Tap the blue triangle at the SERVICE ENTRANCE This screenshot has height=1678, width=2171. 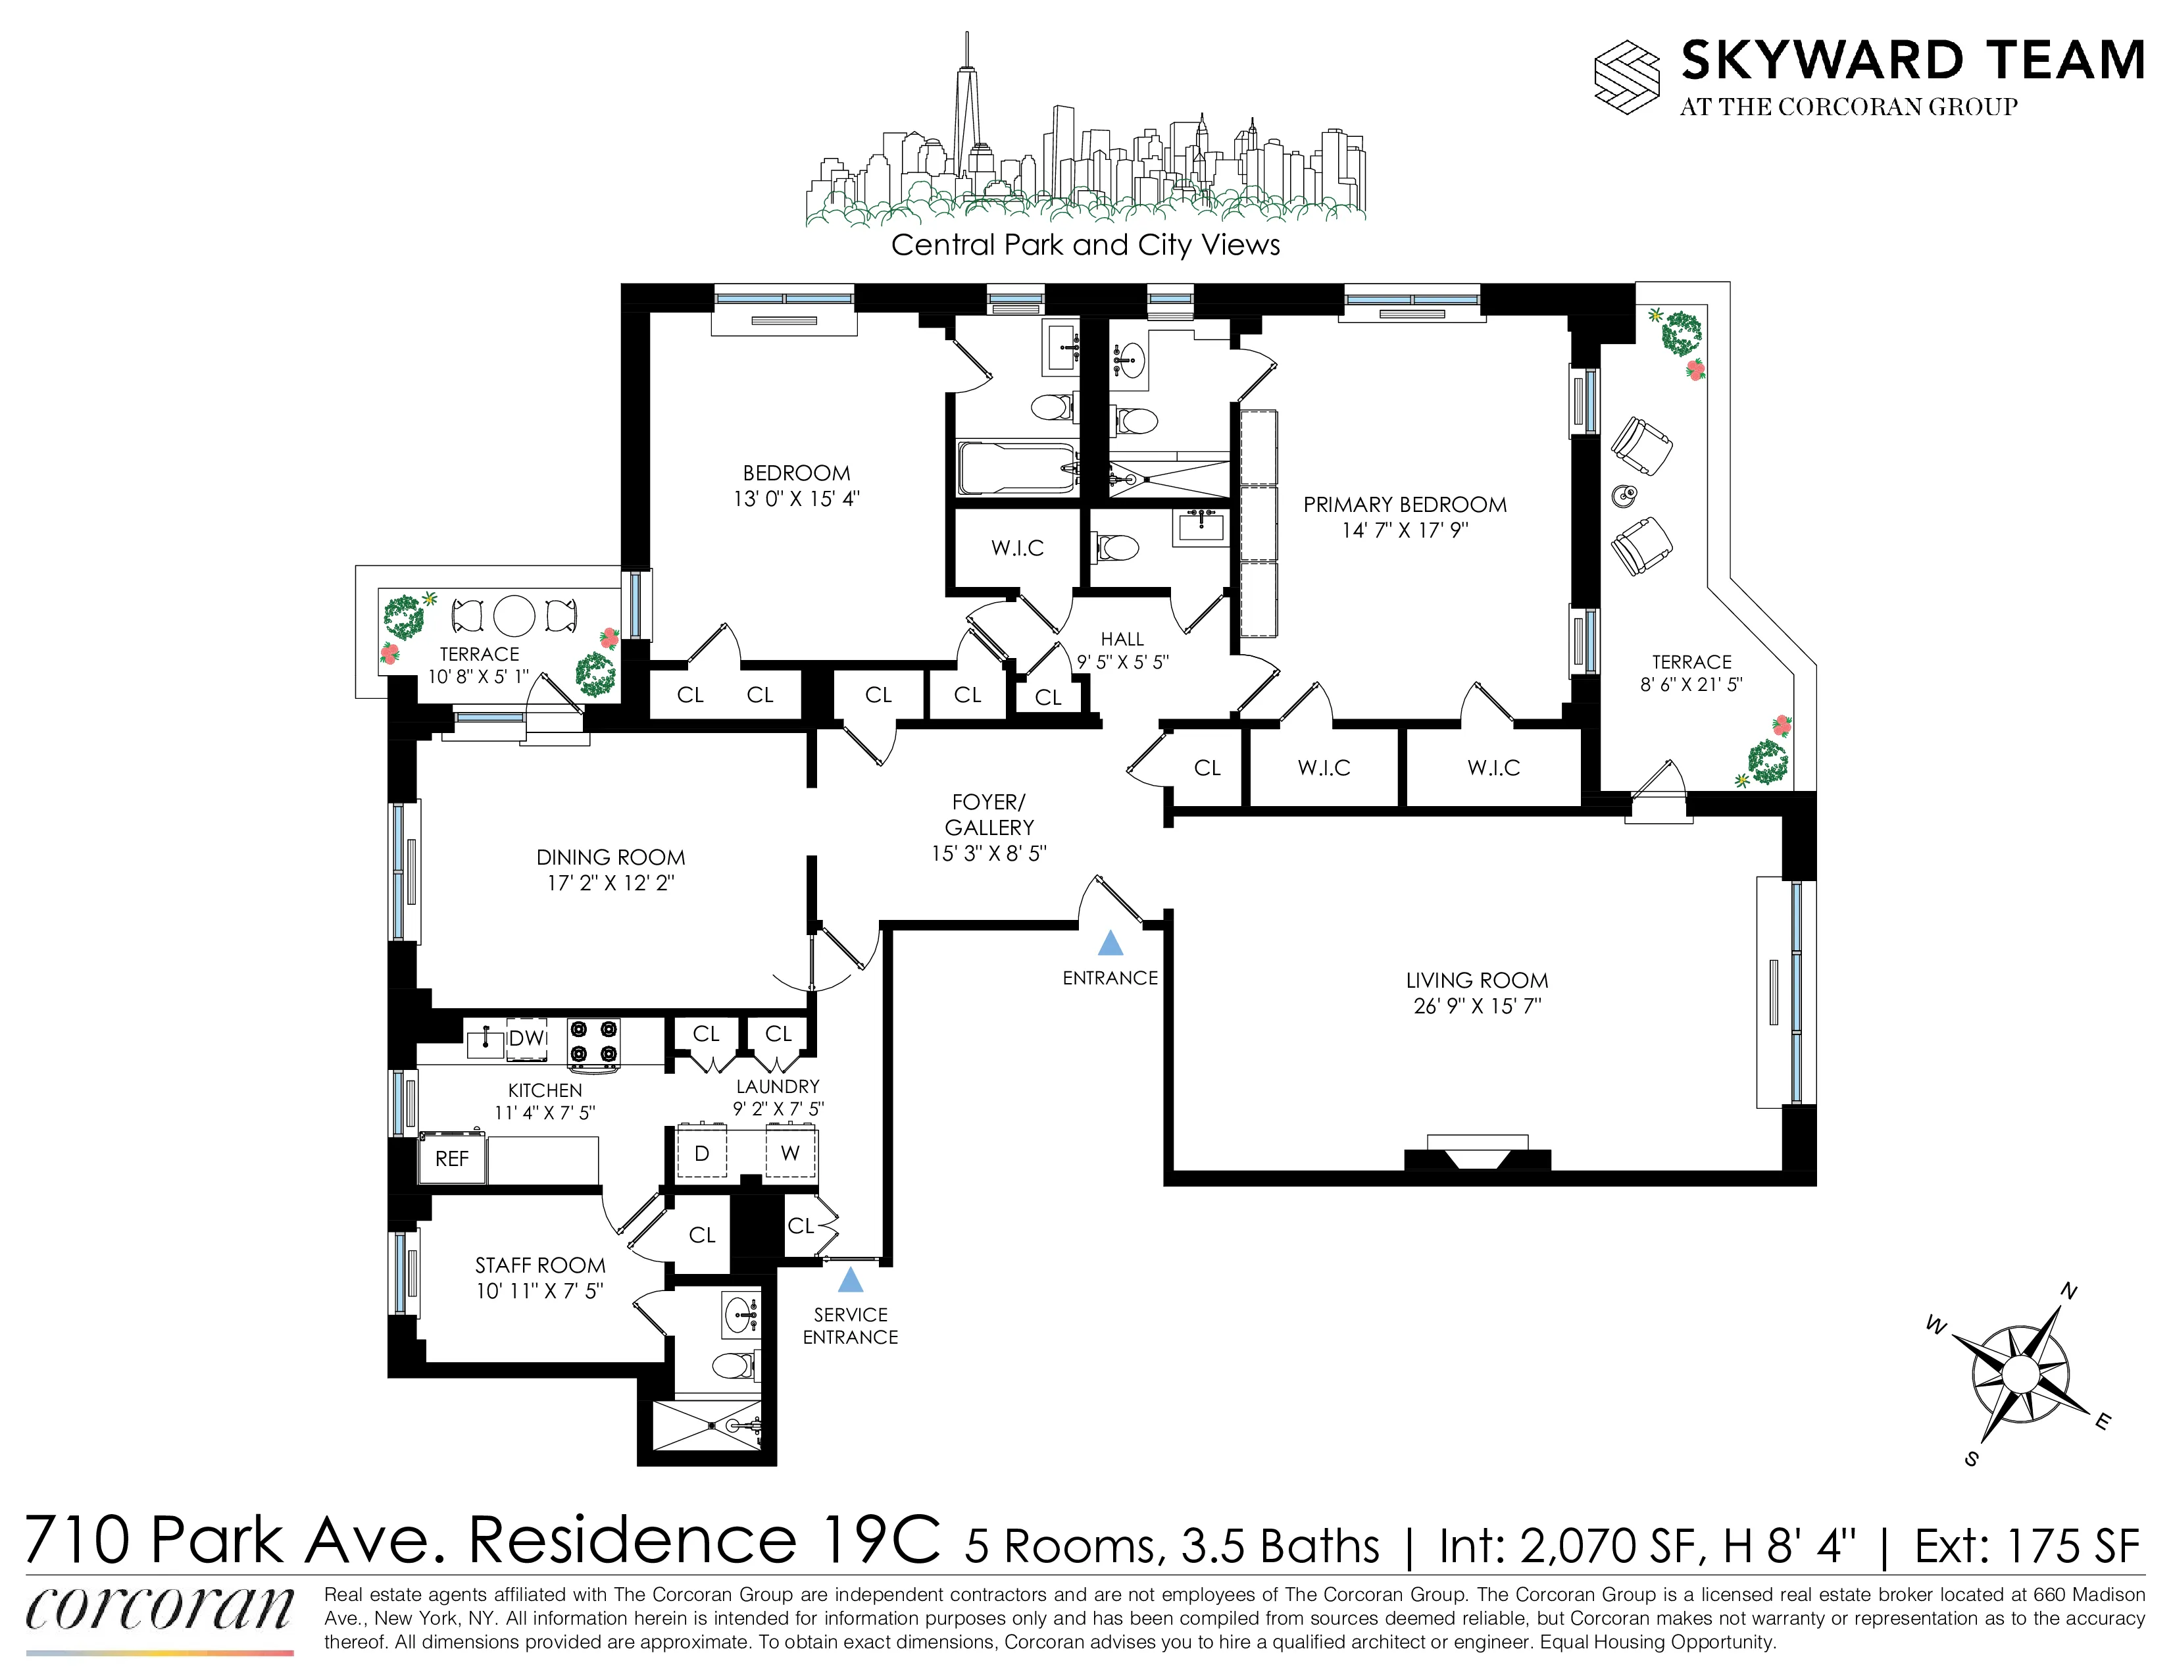click(x=850, y=1279)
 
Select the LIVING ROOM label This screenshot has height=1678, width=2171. click(x=1476, y=980)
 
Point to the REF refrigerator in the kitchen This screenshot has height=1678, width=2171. click(x=453, y=1159)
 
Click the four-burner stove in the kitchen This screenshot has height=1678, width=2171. click(x=593, y=1042)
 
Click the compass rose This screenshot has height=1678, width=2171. click(x=2020, y=1374)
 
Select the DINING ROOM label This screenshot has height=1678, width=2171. click(x=611, y=857)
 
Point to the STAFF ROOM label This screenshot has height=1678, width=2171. click(x=539, y=1265)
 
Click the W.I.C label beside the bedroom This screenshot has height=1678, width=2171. click(x=1017, y=547)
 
